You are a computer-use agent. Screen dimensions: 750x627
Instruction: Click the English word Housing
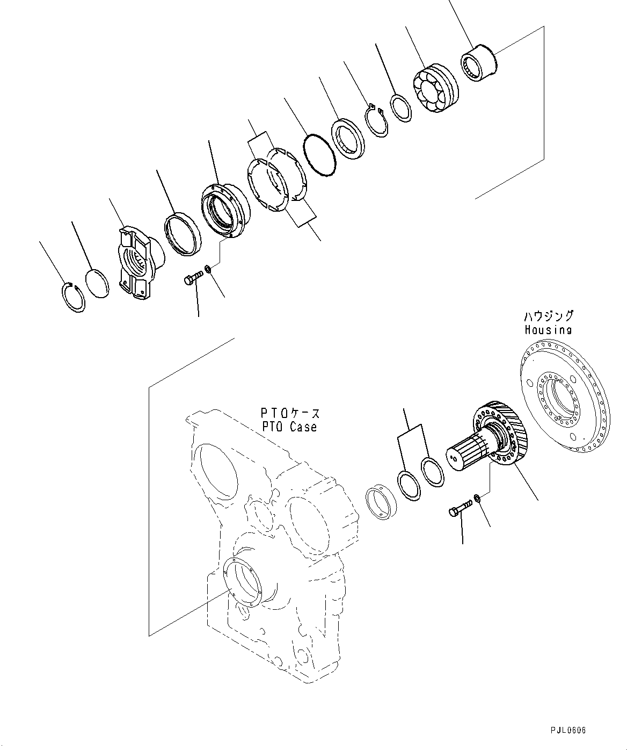[x=548, y=330]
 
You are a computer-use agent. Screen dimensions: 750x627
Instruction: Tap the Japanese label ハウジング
[x=548, y=316]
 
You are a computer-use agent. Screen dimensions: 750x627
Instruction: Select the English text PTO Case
[x=289, y=427]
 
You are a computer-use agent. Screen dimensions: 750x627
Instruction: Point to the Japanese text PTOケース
[x=290, y=413]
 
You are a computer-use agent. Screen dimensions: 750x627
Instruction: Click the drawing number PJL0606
[x=568, y=730]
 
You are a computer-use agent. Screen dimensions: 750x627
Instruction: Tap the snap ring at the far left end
[x=71, y=297]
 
